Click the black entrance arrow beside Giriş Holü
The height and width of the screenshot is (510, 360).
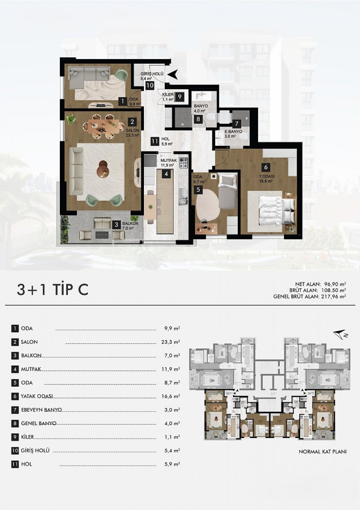click(173, 75)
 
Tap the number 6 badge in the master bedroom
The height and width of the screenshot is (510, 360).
click(266, 167)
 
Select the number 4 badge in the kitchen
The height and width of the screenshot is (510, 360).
click(167, 174)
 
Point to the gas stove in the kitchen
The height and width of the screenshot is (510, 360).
click(184, 162)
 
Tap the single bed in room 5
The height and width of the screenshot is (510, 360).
click(227, 191)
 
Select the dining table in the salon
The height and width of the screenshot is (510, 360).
click(103, 126)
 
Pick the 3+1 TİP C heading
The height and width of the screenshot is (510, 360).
click(53, 289)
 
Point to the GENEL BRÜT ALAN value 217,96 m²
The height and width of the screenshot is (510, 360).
click(334, 297)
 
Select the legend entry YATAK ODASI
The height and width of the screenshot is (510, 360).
click(37, 397)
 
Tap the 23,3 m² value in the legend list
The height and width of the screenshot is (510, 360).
click(172, 342)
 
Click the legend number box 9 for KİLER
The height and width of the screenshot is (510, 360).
click(15, 437)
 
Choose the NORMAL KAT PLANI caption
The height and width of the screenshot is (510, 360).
click(323, 452)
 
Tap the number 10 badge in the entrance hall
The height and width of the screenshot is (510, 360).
click(150, 86)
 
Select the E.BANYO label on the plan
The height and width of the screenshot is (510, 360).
click(234, 132)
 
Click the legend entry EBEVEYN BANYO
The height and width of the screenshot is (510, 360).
click(41, 410)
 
